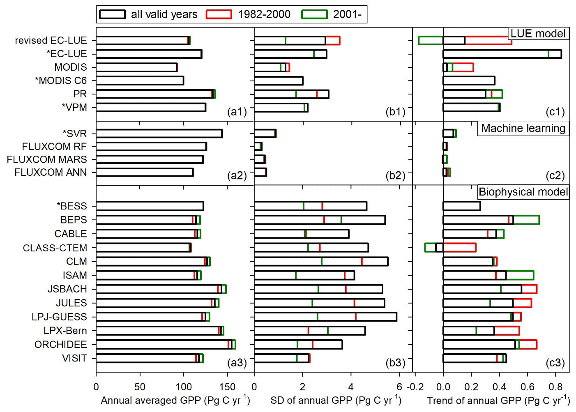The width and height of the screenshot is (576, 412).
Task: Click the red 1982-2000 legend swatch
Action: point(219,14)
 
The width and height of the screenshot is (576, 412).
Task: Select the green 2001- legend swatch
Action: point(314,14)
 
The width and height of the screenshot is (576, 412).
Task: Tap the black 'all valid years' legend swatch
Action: point(112,14)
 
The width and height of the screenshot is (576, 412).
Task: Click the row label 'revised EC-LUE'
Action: point(51,40)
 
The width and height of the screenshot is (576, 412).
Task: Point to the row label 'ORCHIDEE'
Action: point(61,344)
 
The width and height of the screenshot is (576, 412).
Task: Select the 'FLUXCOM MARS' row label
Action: point(47,159)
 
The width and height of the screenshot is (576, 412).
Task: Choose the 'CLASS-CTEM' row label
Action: point(55,248)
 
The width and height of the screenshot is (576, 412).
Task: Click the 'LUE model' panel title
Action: point(538,34)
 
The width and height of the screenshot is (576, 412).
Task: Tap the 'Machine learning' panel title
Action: point(523,129)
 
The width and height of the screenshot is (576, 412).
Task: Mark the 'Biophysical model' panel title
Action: point(523,192)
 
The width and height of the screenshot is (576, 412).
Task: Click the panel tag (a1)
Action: point(237,112)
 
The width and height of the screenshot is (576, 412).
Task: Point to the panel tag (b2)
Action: point(395,176)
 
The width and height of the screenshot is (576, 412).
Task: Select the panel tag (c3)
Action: point(555,362)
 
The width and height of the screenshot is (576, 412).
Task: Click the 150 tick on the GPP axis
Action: point(227,387)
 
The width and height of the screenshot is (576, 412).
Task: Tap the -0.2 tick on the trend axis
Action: point(415,387)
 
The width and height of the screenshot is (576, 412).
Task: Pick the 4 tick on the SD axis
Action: point(351,387)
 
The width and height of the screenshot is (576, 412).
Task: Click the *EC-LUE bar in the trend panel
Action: point(502,54)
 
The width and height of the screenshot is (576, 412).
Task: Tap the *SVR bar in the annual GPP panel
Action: point(159,133)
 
